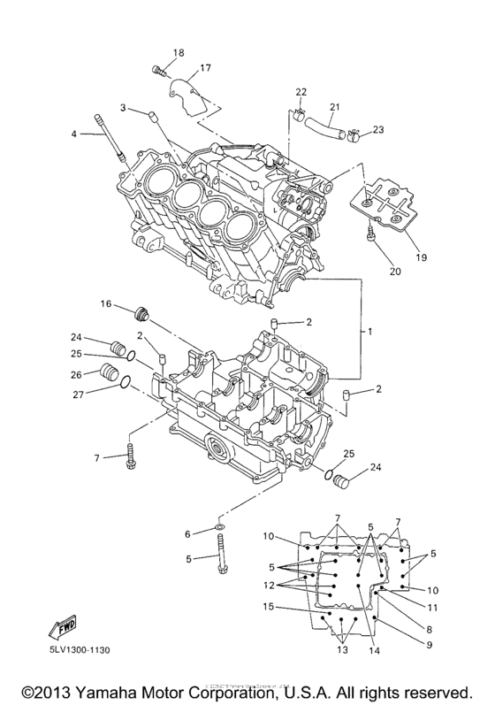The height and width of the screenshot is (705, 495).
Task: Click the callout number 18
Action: point(179,54)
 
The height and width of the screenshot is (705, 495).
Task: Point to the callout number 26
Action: point(77,372)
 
